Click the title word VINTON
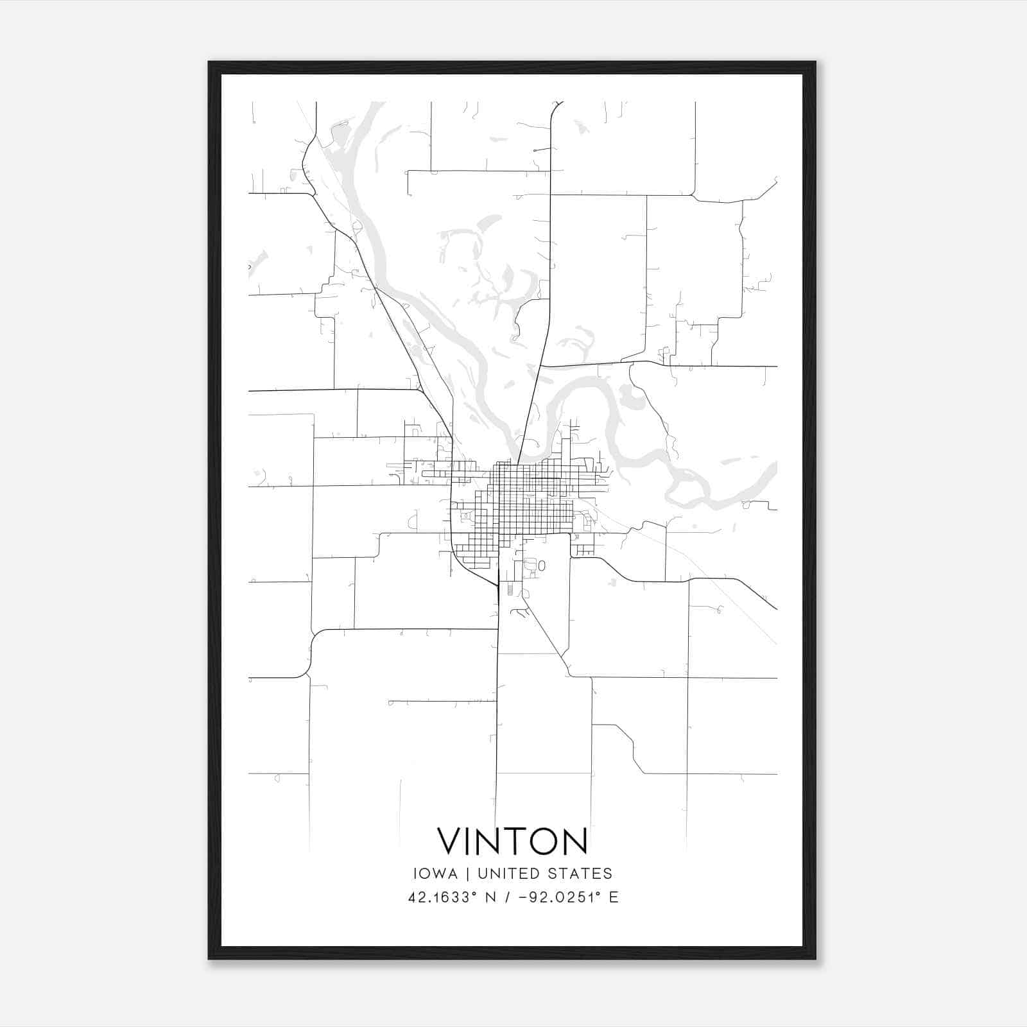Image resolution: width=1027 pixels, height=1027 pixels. pyautogui.click(x=512, y=841)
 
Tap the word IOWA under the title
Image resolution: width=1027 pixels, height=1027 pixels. pyautogui.click(x=436, y=874)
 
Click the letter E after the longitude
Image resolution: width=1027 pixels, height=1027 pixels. pyautogui.click(x=614, y=897)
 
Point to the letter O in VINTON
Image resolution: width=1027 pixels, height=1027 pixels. pyautogui.click(x=540, y=841)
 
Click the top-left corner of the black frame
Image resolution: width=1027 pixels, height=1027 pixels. pyautogui.click(x=210, y=63)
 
